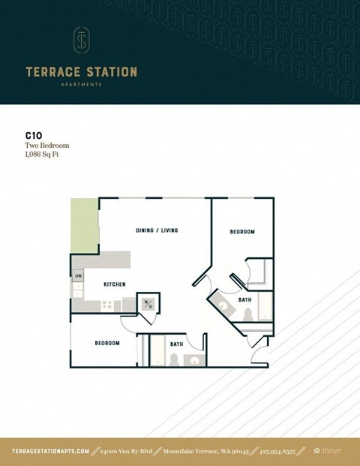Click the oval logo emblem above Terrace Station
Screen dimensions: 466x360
tap(80, 41)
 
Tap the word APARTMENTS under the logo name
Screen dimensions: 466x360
tap(81, 85)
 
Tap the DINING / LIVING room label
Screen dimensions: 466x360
tap(157, 230)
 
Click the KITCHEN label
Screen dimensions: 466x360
tap(114, 284)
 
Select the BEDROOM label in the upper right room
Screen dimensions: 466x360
tap(241, 232)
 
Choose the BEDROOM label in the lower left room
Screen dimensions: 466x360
tap(107, 343)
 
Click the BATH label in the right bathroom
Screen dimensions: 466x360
tap(244, 299)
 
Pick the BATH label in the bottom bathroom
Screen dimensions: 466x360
tap(176, 344)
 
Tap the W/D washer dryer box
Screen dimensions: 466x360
tap(148, 304)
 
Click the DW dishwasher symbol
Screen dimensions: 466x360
tap(78, 276)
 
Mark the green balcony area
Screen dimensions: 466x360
tap(84, 225)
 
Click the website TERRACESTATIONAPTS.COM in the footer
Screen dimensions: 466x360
tap(51, 450)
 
